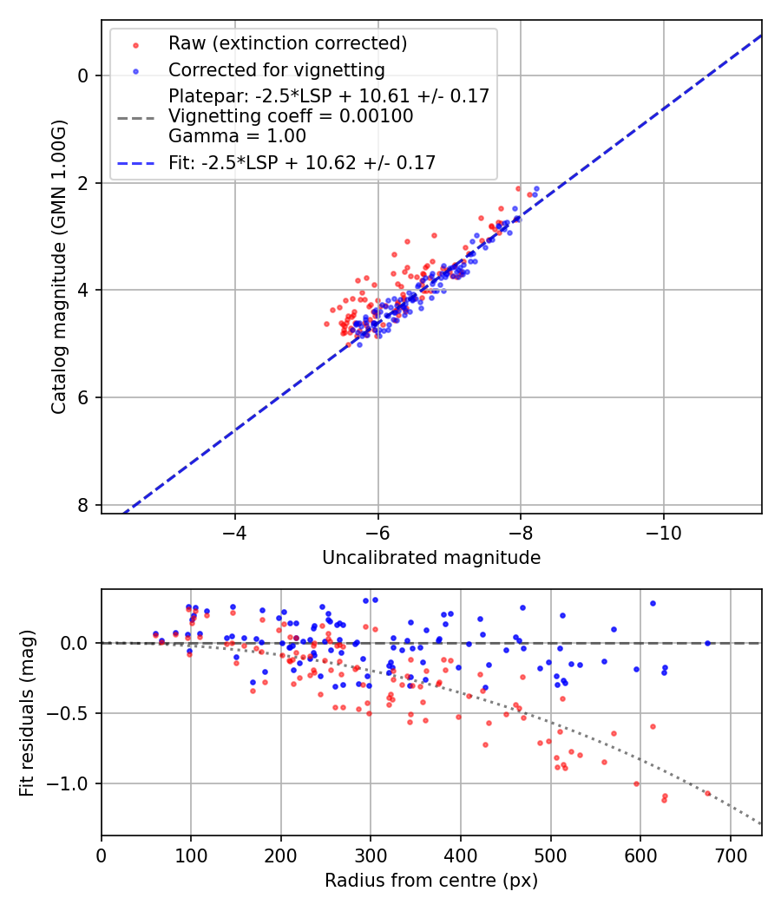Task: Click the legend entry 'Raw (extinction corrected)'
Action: (x=287, y=43)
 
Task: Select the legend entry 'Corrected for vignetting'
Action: (x=276, y=69)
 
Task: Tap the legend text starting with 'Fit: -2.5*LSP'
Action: (x=302, y=162)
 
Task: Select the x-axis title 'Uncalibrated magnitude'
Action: (x=431, y=558)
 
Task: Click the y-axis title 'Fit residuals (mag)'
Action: (x=27, y=712)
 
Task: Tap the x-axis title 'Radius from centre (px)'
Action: (x=431, y=881)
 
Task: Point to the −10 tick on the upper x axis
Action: (x=663, y=528)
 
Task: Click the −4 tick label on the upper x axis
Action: (x=234, y=528)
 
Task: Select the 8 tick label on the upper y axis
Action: (x=83, y=505)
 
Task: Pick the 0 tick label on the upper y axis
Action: (x=83, y=75)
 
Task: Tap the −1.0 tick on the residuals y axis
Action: (x=70, y=783)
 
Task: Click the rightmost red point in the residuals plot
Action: (x=707, y=793)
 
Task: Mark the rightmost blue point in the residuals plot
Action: (x=707, y=643)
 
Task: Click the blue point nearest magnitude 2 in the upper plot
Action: (x=536, y=188)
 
